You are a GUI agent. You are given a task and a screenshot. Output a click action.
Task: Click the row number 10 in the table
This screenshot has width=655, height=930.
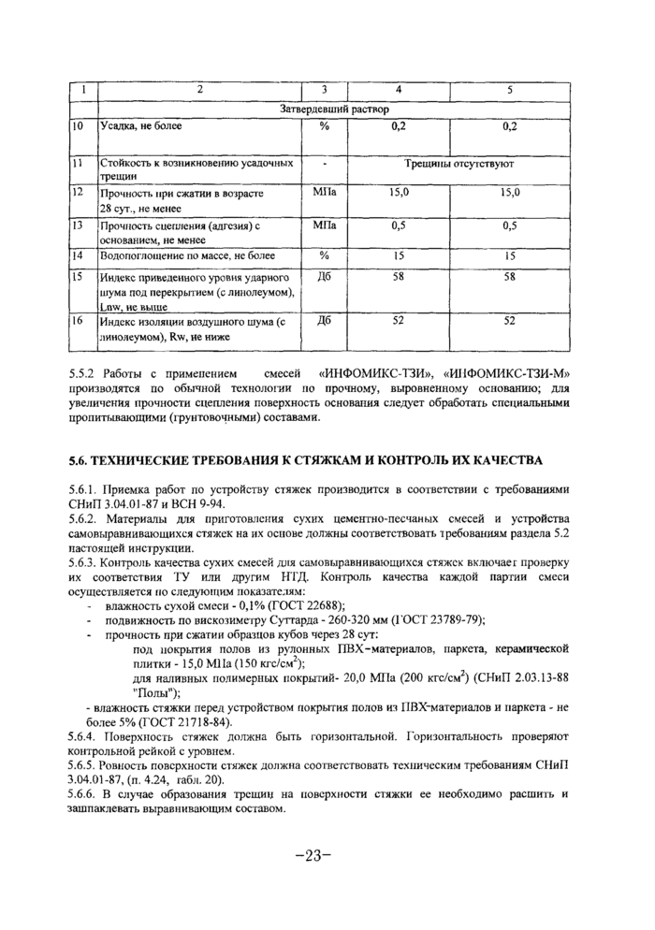(x=80, y=125)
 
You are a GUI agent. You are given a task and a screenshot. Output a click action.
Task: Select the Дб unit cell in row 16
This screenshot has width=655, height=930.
(x=325, y=320)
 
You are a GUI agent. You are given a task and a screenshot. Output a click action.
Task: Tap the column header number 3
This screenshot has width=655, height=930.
(x=323, y=91)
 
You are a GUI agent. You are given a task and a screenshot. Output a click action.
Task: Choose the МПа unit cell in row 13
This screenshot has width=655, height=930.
(x=325, y=225)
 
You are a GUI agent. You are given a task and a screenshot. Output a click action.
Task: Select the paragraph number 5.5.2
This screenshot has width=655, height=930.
(x=86, y=372)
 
